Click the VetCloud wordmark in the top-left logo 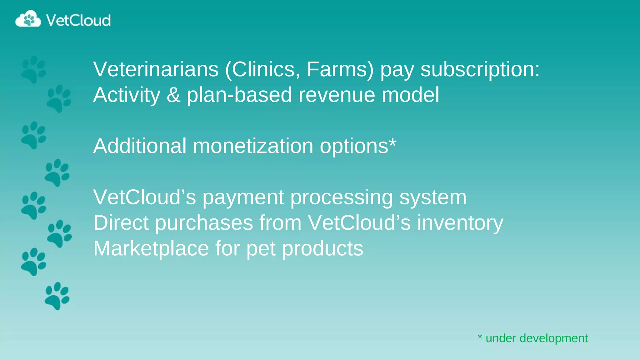click(x=78, y=20)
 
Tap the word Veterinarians click(x=156, y=69)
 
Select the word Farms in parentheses click(x=336, y=69)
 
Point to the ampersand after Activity click(x=173, y=95)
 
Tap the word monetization click(x=253, y=146)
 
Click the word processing click(x=341, y=198)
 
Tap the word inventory click(x=460, y=223)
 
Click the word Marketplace click(x=151, y=248)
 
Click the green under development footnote click(x=533, y=338)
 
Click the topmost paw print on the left click(x=33, y=70)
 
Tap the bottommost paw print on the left click(x=57, y=296)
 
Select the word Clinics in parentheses click(x=263, y=69)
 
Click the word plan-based click(x=239, y=95)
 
